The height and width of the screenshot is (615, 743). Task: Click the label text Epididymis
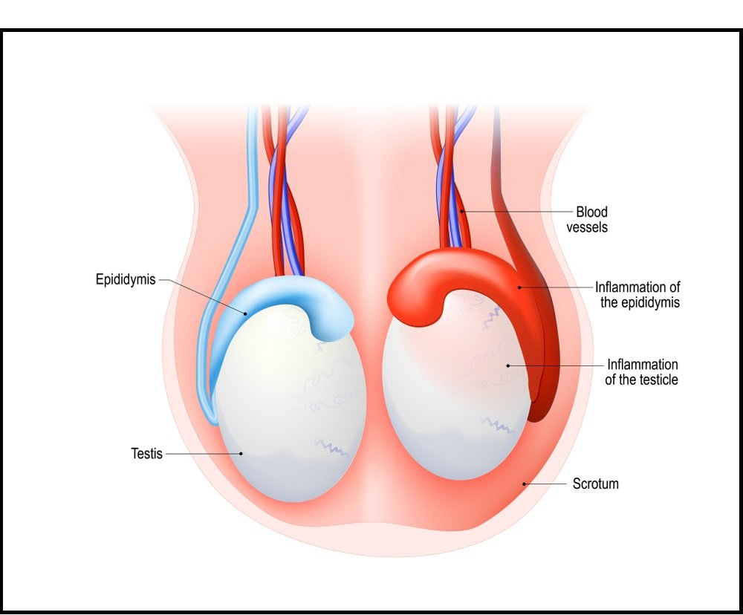point(126,280)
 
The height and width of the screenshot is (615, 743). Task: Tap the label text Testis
point(146,453)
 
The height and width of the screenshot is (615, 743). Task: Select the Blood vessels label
point(587,220)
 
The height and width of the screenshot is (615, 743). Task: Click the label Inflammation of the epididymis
point(637,294)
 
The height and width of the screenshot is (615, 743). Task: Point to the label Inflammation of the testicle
point(642,372)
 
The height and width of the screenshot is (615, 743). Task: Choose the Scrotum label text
point(595,484)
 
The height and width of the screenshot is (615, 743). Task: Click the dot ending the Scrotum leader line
point(525,484)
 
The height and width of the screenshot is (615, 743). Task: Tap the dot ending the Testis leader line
point(241,453)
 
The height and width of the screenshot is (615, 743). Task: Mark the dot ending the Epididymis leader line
point(246,313)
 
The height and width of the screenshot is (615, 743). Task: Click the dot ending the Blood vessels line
point(461,212)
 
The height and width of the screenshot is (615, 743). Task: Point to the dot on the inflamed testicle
point(507,365)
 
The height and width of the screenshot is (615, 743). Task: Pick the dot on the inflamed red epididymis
point(520,287)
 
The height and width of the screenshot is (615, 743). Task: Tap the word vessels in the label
point(587,227)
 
